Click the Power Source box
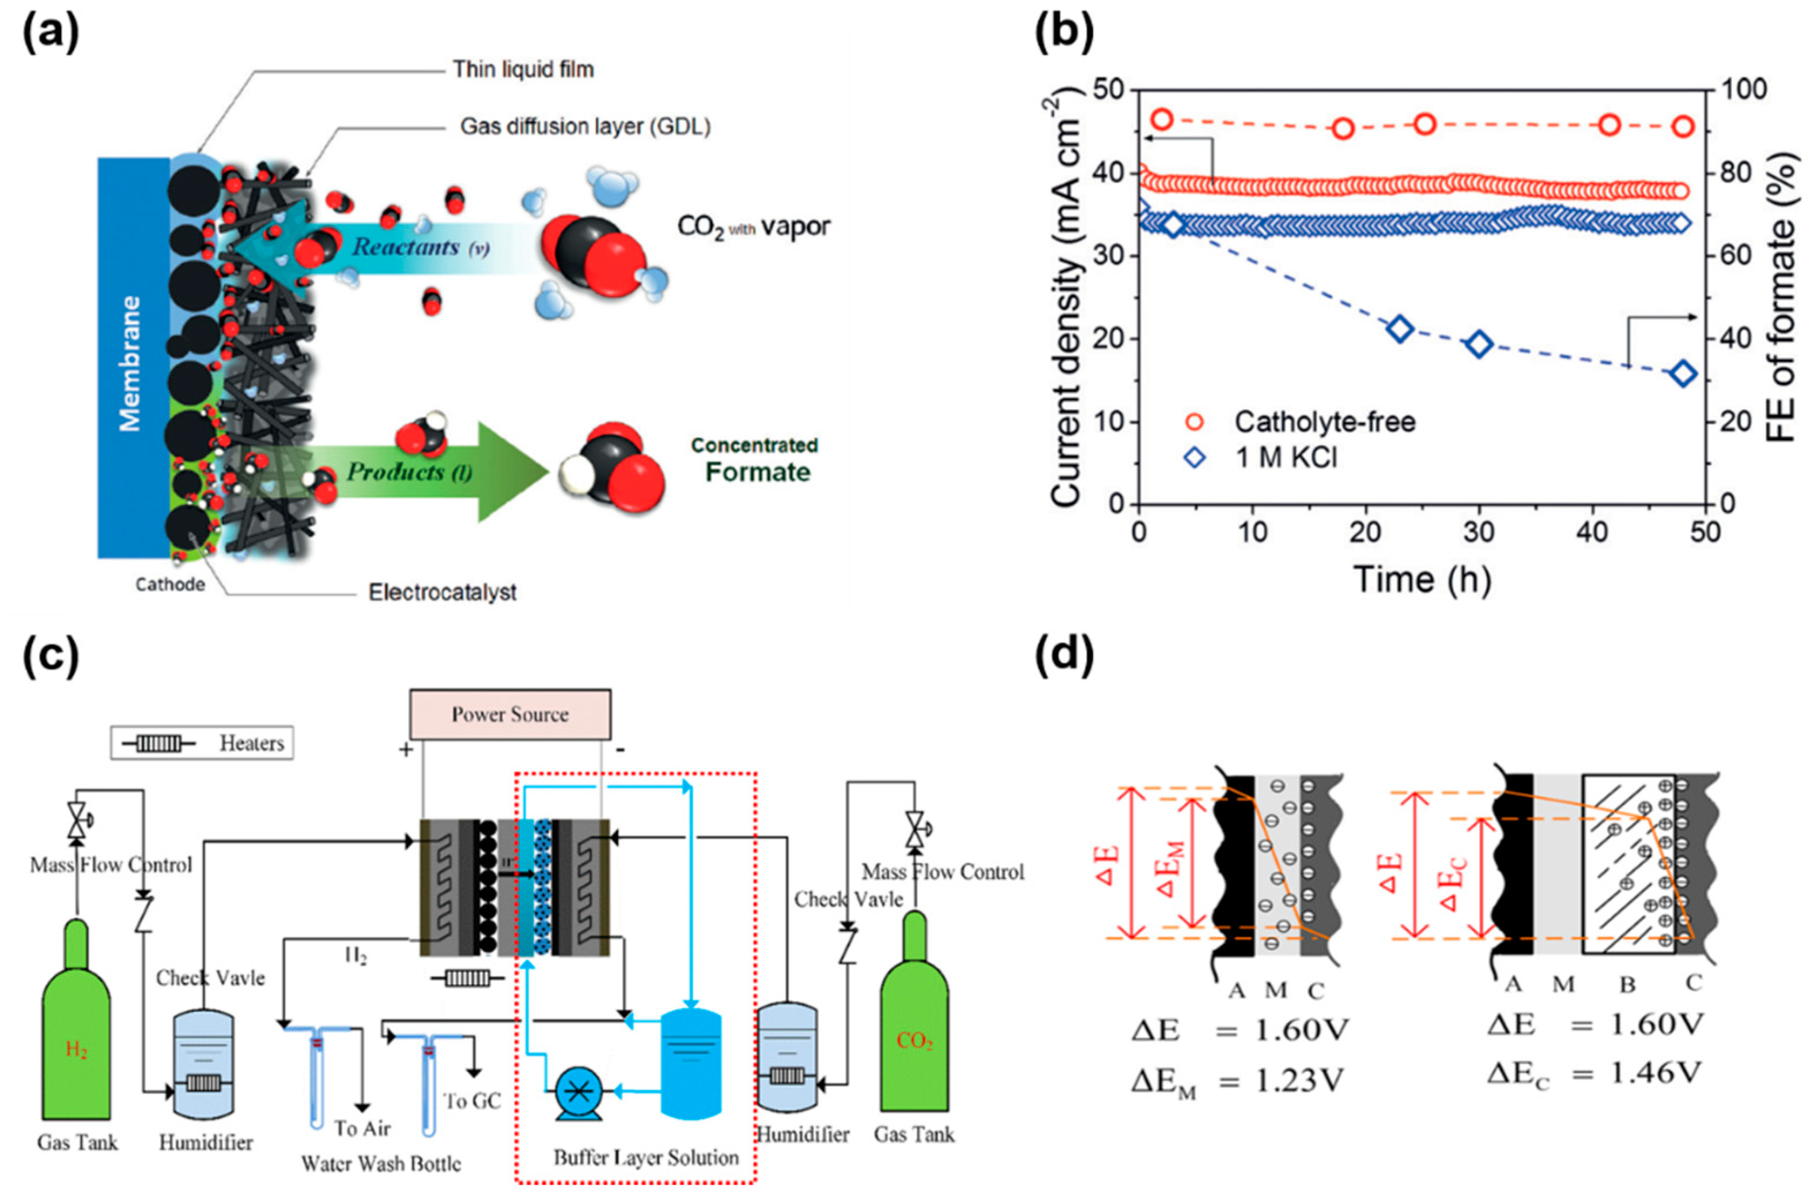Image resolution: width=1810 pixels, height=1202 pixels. (509, 714)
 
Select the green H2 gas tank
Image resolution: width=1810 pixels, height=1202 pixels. (76, 1035)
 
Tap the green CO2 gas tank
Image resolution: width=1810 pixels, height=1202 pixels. (913, 1027)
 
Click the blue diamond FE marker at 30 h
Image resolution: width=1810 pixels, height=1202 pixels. (1479, 345)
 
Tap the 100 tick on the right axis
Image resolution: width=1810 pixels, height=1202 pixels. (1743, 90)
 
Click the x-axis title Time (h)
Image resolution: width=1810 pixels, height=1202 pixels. (1422, 579)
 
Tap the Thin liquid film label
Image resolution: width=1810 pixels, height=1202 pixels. (523, 70)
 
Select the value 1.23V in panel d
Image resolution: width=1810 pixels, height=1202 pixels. (1299, 1081)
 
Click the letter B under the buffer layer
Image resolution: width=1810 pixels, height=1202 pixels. (1628, 984)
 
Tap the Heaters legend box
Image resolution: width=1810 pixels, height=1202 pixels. (202, 743)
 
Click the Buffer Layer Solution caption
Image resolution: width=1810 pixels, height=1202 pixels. (646, 1158)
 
